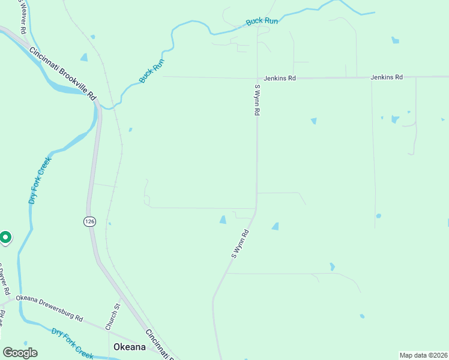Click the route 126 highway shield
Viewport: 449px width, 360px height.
pos(89,221)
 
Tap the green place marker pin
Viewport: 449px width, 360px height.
pos(5,238)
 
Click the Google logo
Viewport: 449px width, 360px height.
pos(20,353)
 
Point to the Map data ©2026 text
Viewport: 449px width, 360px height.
pos(423,355)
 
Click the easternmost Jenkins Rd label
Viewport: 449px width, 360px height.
pos(386,77)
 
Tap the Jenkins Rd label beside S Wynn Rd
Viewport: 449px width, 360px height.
pos(280,78)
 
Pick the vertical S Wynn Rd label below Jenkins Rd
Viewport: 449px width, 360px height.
pos(257,100)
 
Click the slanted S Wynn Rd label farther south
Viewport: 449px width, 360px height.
pos(240,244)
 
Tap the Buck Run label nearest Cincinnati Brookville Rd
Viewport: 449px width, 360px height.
pos(151,71)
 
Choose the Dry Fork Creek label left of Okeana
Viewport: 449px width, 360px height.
pos(72,343)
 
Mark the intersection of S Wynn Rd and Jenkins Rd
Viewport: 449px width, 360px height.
pos(257,78)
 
